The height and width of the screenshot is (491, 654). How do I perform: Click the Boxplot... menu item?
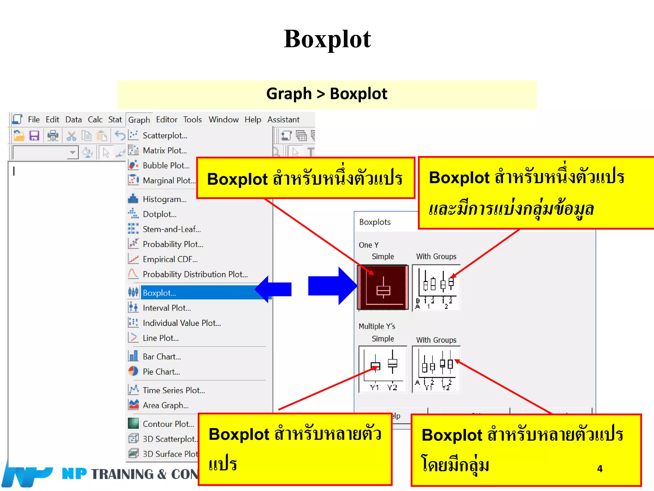(160, 293)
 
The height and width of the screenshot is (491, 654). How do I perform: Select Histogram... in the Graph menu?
(164, 199)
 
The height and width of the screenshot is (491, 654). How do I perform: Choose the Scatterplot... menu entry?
(165, 136)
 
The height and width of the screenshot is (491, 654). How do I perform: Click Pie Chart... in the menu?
(161, 372)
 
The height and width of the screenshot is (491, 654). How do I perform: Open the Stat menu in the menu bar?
(115, 120)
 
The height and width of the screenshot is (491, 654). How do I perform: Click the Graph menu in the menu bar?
(139, 120)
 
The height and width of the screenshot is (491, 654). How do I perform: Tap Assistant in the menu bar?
(283, 120)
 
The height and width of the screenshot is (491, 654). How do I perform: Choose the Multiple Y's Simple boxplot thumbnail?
(383, 369)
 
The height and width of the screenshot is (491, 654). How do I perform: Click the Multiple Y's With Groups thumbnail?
(436, 369)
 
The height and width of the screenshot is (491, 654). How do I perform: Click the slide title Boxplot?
(327, 39)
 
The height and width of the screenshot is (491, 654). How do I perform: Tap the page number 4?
(600, 469)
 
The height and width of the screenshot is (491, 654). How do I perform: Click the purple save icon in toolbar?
(34, 136)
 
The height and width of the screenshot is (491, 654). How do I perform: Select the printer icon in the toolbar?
(53, 136)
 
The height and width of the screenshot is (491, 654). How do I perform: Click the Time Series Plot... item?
(174, 390)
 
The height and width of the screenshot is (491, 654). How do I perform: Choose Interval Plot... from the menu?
(167, 308)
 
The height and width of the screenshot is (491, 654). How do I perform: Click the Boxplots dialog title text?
(375, 222)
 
